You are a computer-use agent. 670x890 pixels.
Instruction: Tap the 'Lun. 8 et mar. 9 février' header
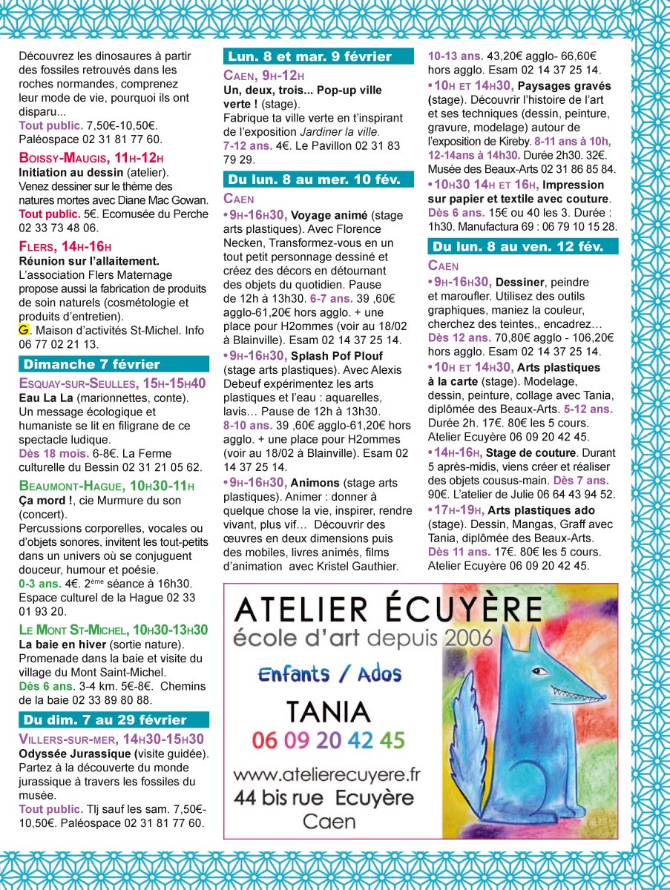[318, 56]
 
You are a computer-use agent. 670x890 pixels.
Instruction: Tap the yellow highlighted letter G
[24, 329]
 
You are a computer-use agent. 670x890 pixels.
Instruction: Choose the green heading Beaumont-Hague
[71, 487]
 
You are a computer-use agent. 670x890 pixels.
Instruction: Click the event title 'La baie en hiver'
[62, 645]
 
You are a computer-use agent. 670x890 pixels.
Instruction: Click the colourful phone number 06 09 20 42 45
[328, 740]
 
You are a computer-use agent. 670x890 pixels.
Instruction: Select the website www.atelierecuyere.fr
[327, 774]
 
